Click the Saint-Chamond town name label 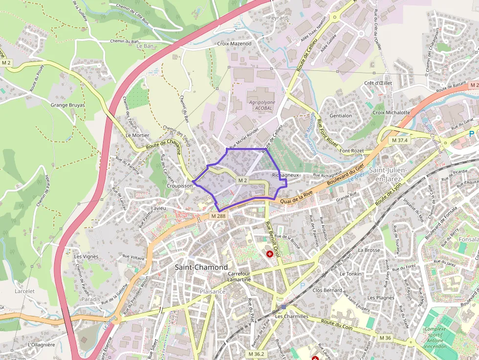pos(201,267)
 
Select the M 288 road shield pos(218,216)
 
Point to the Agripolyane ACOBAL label pos(262,105)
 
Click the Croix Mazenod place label pos(234,43)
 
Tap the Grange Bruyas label pos(67,105)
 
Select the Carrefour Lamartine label pos(239,277)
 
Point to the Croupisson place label pos(179,186)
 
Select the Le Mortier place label pos(137,135)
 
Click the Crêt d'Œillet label pos(378,83)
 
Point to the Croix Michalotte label pos(391,112)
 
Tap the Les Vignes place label pos(86,256)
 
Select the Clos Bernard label pos(327,290)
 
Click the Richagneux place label pos(285,174)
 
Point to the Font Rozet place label pos(352,151)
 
